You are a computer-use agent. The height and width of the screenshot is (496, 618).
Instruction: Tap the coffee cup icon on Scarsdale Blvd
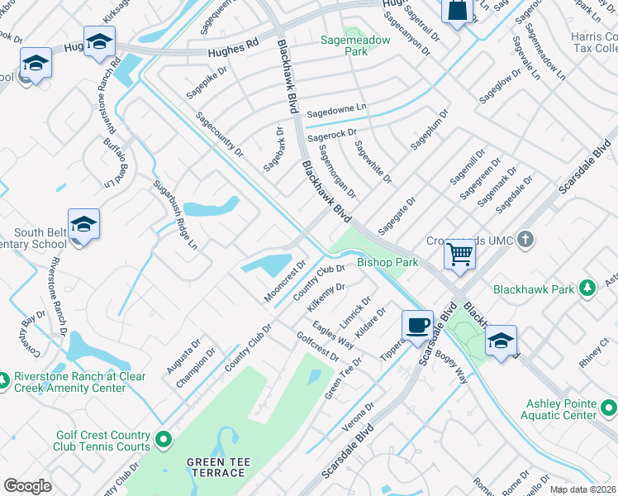(x=418, y=324)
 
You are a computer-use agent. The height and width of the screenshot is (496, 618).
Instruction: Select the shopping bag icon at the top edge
(x=455, y=11)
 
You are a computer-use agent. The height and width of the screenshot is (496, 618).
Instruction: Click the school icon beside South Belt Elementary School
(x=83, y=225)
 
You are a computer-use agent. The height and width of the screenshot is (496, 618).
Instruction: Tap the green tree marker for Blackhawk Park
(x=587, y=289)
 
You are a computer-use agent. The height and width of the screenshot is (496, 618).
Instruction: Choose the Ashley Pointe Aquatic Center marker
(x=608, y=408)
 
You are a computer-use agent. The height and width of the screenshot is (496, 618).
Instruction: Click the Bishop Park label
(x=387, y=262)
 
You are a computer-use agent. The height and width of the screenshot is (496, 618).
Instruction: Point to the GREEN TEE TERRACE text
(x=216, y=467)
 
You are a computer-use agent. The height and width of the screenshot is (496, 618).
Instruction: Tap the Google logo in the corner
(x=27, y=485)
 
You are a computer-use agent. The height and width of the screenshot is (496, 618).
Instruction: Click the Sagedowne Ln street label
(x=336, y=108)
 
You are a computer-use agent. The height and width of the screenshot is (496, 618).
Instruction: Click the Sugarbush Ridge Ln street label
(x=174, y=214)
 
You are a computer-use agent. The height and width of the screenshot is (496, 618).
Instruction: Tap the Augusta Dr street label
(x=183, y=355)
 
